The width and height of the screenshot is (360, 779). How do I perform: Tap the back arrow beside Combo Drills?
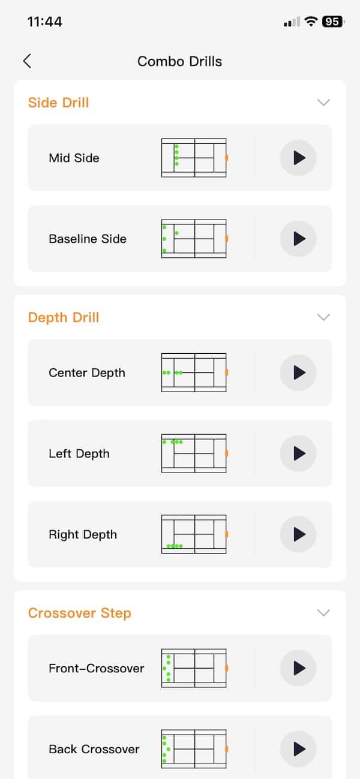pyautogui.click(x=27, y=61)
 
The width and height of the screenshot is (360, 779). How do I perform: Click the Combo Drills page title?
pyautogui.click(x=179, y=61)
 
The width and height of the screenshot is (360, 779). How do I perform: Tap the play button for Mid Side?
pyautogui.click(x=298, y=158)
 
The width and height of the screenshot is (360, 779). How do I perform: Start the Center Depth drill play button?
pyautogui.click(x=298, y=372)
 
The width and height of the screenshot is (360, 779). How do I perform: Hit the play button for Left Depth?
pyautogui.click(x=298, y=453)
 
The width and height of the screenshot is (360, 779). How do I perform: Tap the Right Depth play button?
pyautogui.click(x=298, y=534)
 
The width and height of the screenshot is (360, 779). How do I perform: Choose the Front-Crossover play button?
pyautogui.click(x=298, y=668)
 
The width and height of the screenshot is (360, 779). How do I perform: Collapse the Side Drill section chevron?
pyautogui.click(x=323, y=102)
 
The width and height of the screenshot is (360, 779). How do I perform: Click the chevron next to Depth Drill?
pyautogui.click(x=323, y=317)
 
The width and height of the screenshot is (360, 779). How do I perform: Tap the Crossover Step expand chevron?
pyautogui.click(x=323, y=613)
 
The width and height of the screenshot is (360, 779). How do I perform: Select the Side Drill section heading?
pyautogui.click(x=58, y=103)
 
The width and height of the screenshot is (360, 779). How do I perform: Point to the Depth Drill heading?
pyautogui.click(x=64, y=317)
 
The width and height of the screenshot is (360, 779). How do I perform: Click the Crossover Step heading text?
pyautogui.click(x=80, y=613)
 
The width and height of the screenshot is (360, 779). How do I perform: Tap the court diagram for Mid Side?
pyautogui.click(x=194, y=158)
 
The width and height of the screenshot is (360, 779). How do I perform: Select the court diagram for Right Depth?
pyautogui.click(x=194, y=534)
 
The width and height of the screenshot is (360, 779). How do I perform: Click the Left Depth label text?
pyautogui.click(x=79, y=453)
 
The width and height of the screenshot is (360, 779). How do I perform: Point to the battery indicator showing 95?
pyautogui.click(x=332, y=22)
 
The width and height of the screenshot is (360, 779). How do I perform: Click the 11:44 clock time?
pyautogui.click(x=45, y=22)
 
